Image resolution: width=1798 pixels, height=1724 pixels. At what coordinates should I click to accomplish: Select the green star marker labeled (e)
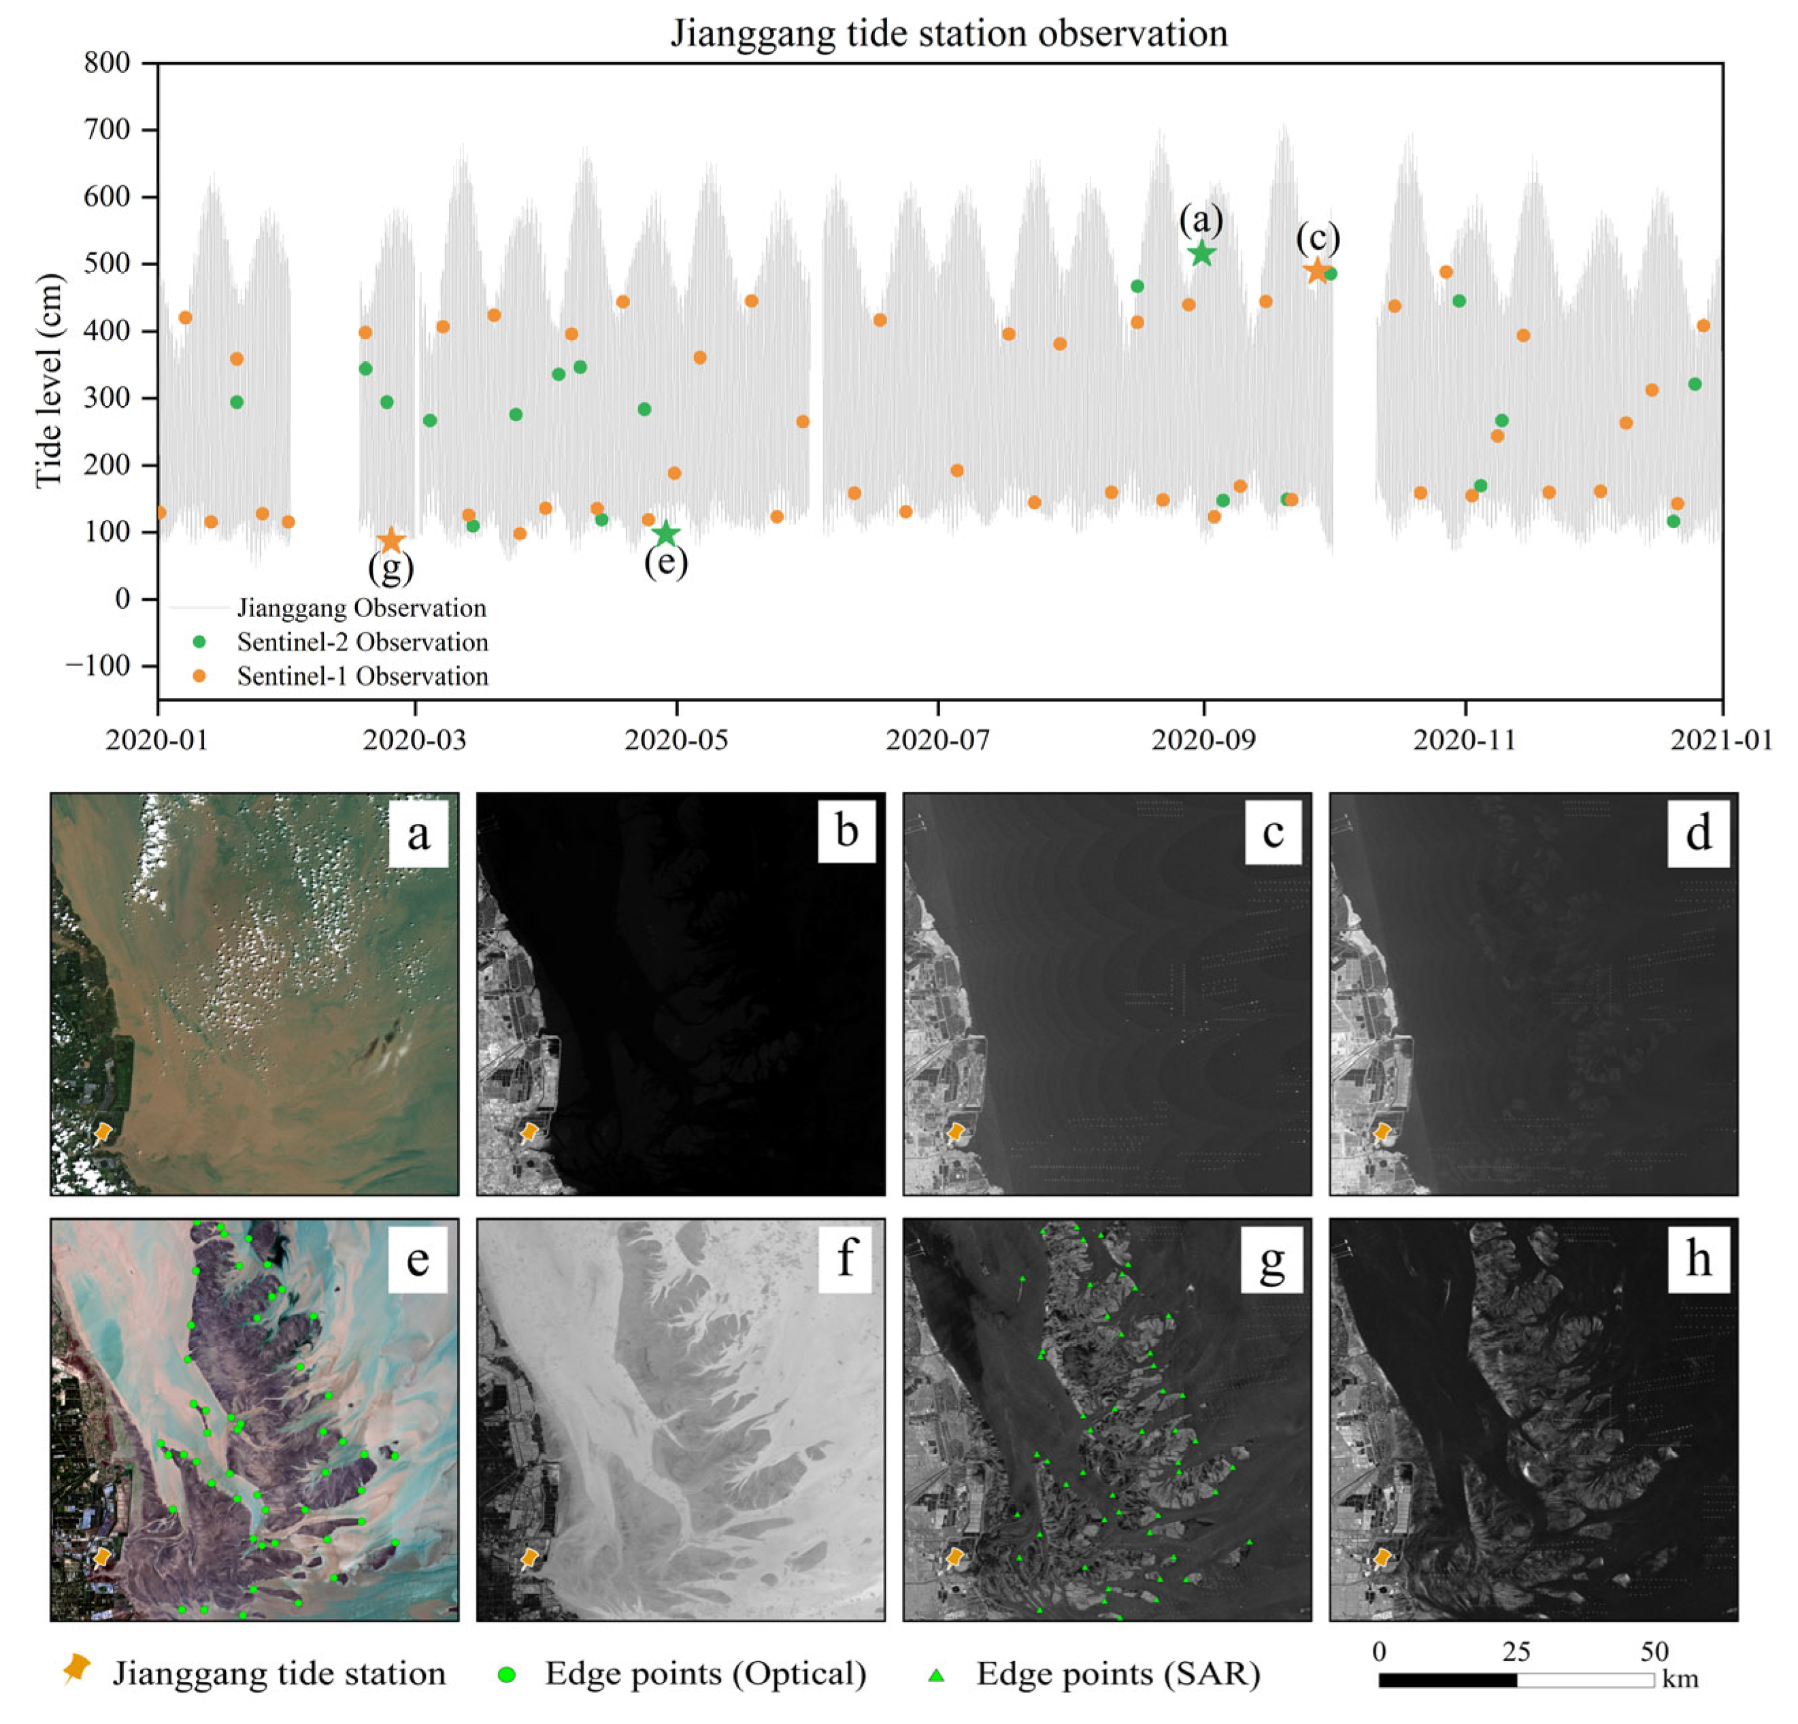click(666, 533)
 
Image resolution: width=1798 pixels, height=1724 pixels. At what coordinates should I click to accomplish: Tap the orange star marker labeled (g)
click(392, 540)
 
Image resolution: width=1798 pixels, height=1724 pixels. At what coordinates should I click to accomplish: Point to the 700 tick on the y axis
click(108, 129)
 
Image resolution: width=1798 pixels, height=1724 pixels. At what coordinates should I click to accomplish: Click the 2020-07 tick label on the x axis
click(937, 740)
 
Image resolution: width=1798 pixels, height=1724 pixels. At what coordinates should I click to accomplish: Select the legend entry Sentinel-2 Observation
click(363, 642)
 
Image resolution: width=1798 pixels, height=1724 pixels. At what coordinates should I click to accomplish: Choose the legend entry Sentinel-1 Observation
click(363, 676)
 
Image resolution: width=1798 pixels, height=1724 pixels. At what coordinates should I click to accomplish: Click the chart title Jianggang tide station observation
click(948, 34)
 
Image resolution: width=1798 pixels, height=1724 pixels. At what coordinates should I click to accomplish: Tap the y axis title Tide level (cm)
click(50, 381)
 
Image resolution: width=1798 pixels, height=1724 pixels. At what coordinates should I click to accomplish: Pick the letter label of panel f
click(846, 1258)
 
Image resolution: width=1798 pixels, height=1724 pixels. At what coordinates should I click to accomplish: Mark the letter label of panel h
click(1698, 1258)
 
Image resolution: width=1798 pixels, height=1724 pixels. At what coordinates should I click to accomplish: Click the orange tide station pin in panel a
click(103, 1131)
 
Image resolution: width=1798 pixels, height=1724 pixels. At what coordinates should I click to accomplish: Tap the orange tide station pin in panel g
click(955, 1557)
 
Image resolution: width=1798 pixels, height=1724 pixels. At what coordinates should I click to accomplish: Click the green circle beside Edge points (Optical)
click(505, 1674)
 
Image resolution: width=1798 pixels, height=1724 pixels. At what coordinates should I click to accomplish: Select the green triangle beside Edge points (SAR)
click(935, 1674)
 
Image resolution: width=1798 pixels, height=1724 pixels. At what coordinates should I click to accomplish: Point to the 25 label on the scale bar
click(1516, 1651)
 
